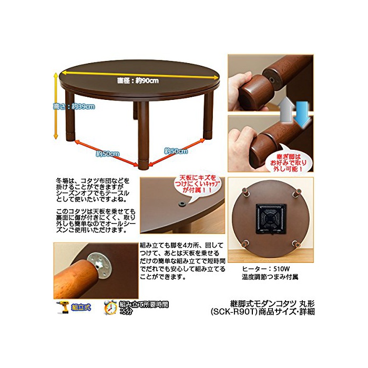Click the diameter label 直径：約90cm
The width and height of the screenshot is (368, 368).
coord(138,81)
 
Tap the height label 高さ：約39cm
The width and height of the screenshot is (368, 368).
coord(74,107)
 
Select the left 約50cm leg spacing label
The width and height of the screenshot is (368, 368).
coord(108,154)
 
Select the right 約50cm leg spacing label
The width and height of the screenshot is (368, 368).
coord(176,151)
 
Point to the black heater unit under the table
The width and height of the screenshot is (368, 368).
coord(271,219)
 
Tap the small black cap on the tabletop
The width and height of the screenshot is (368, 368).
coord(182,204)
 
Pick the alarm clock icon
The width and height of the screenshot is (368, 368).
coord(110,307)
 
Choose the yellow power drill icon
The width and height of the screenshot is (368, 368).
coord(63,306)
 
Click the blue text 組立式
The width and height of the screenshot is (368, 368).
coord(81,307)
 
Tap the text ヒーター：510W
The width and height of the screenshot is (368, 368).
coord(266,269)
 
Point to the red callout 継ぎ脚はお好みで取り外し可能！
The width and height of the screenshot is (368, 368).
coord(289,162)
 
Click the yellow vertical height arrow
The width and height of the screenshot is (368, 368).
coord(56,106)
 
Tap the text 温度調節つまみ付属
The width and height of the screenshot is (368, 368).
coord(270,277)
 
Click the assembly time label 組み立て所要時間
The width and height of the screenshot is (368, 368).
coord(144,304)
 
